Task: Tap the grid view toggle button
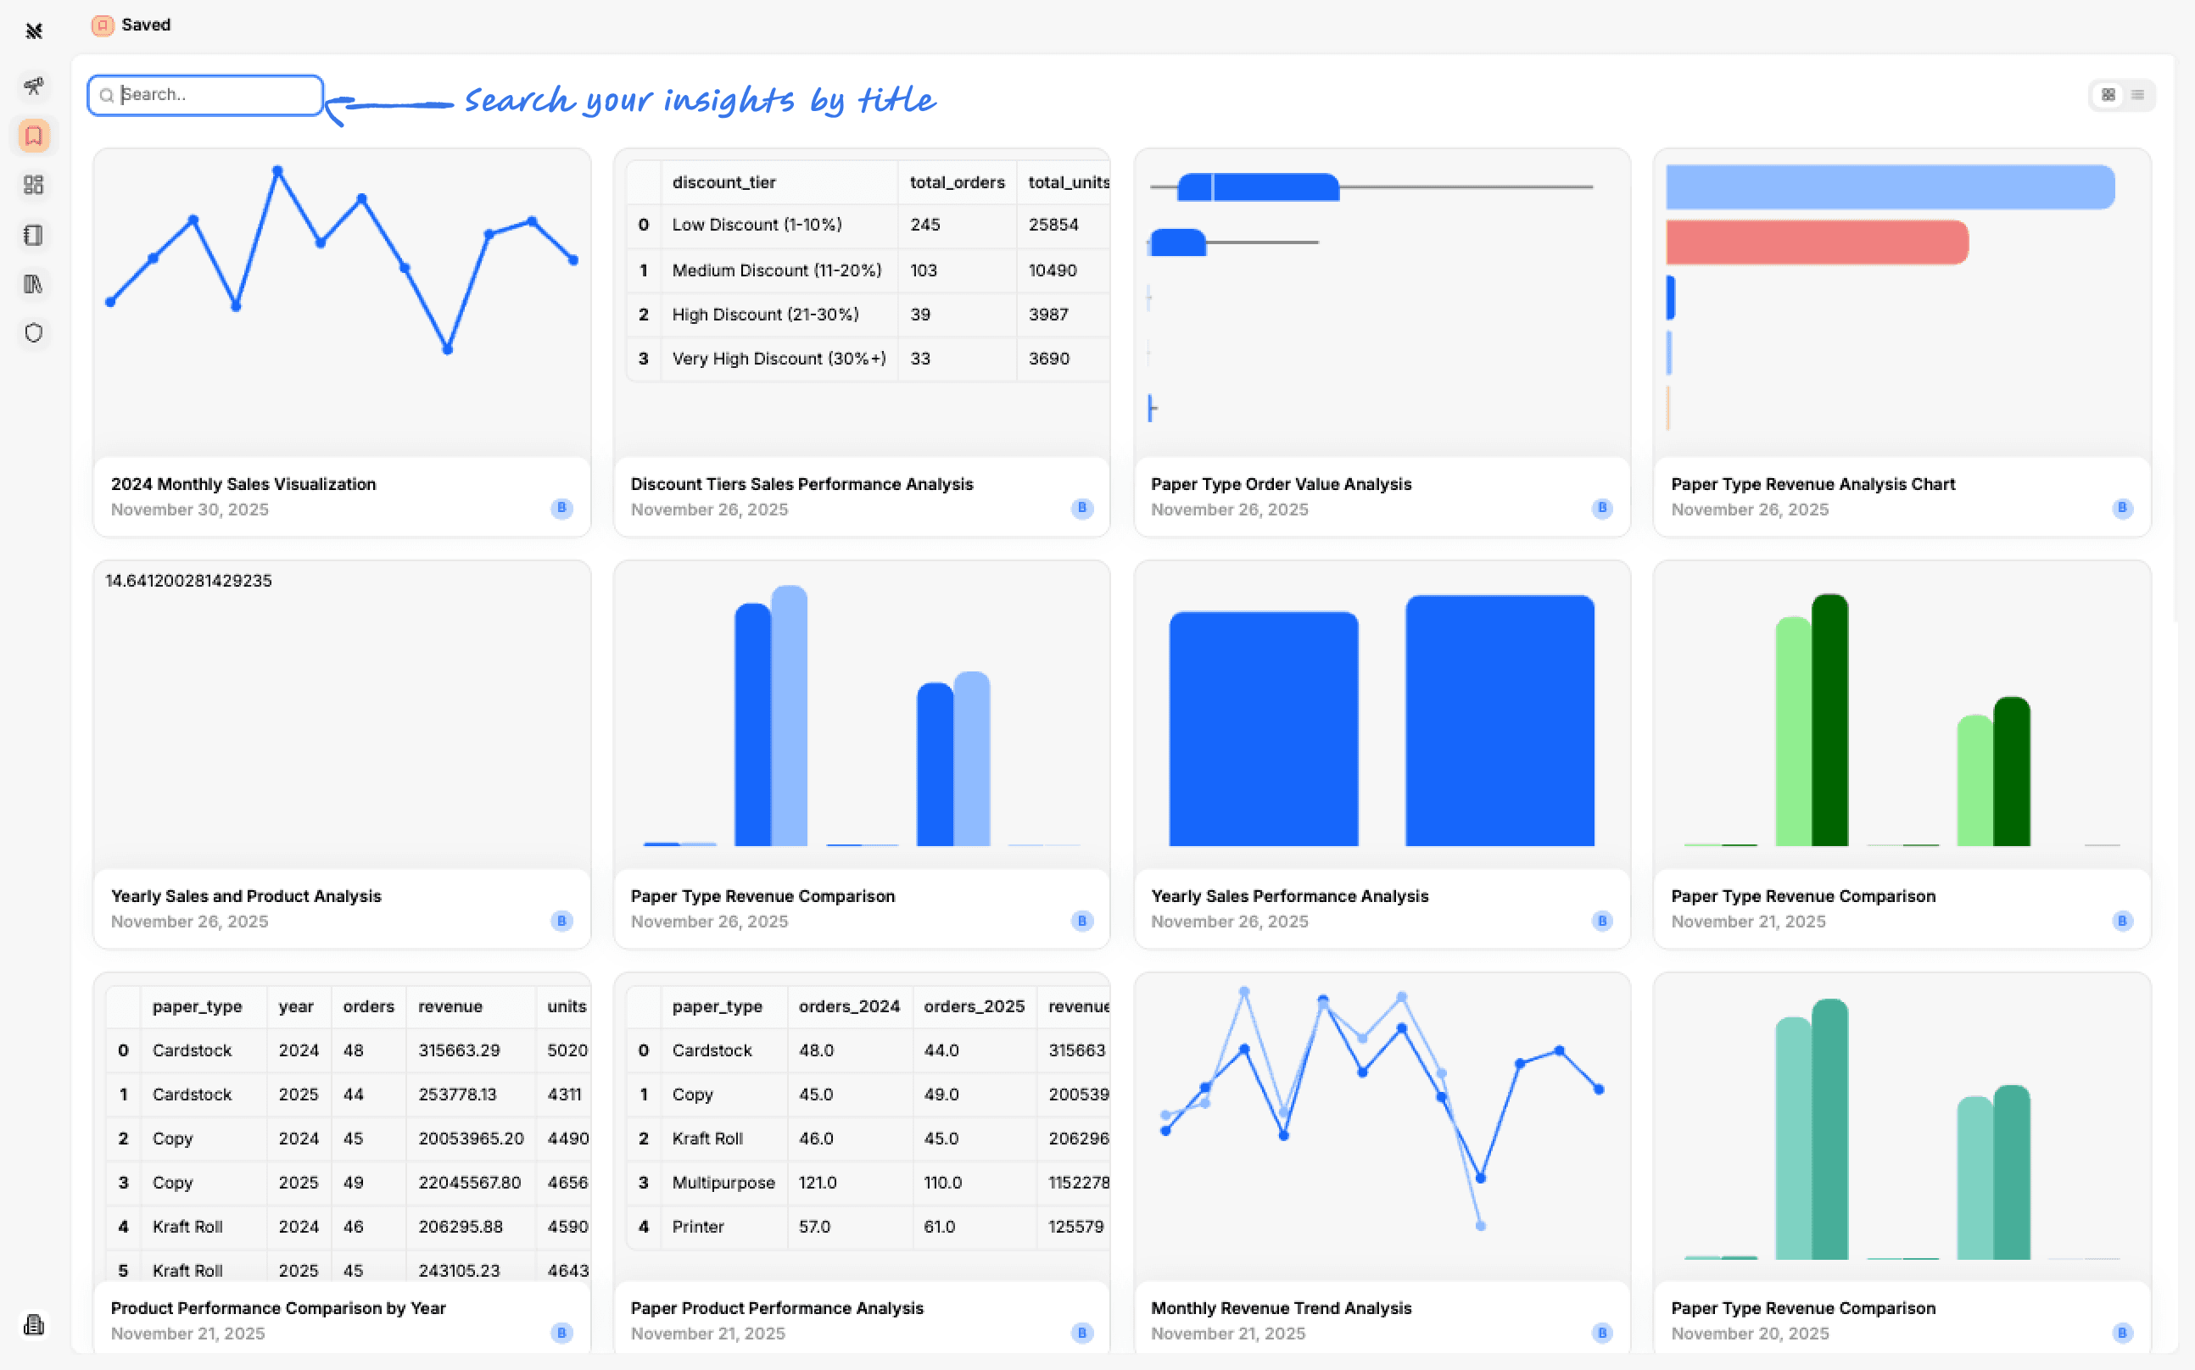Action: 2108,95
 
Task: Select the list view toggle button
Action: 2137,95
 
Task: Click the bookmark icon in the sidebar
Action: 35,136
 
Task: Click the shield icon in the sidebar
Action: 35,333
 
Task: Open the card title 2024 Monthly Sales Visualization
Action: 243,485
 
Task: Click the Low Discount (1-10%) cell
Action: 757,225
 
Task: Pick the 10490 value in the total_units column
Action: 1053,270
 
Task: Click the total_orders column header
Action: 957,182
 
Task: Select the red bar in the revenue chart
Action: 1816,242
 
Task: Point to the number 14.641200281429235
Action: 188,581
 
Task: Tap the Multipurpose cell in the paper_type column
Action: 723,1183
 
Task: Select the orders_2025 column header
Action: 975,1006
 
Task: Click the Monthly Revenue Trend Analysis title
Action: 1281,1308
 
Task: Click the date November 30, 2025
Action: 189,510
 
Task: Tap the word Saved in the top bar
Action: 146,25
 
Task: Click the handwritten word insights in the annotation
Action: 729,100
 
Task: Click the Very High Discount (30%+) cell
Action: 779,359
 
